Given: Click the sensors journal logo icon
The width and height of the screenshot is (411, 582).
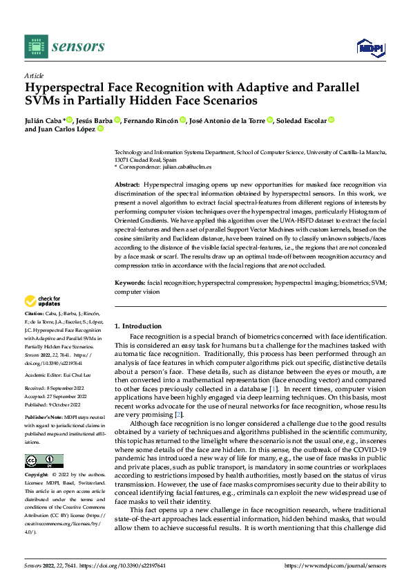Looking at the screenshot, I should coord(36,46).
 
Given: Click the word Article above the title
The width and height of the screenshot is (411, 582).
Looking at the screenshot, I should coord(34,75).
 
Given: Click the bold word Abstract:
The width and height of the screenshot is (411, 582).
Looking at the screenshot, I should coord(126,186).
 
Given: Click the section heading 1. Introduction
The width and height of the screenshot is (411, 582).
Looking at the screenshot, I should coord(137,326).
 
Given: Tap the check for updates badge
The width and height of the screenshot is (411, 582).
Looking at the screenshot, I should coord(44,301).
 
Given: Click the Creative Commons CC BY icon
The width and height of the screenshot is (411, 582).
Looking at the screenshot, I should coord(44,460).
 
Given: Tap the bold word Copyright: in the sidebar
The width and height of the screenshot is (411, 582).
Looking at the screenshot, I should coord(37,476).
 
